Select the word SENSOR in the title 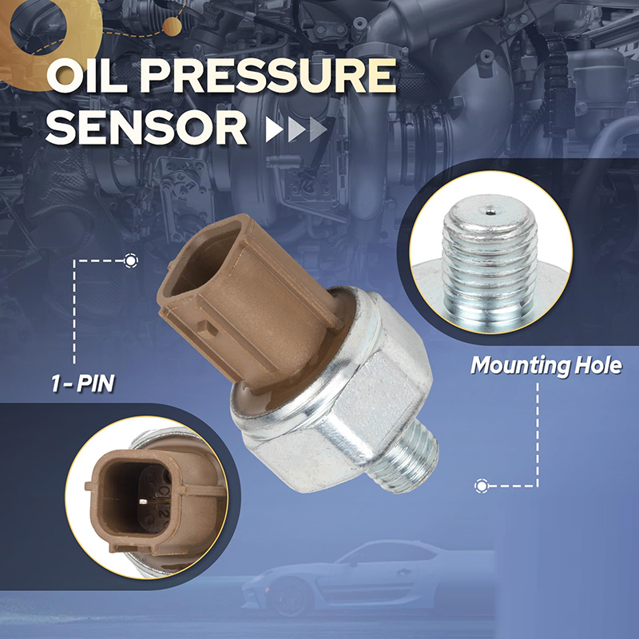click(x=147, y=128)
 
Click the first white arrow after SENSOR click(x=275, y=129)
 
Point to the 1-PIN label click(x=83, y=383)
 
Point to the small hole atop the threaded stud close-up click(x=491, y=212)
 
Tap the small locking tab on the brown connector click(x=208, y=328)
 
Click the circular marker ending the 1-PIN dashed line click(x=130, y=261)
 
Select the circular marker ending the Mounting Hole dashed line click(x=482, y=486)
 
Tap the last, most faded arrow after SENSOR click(x=318, y=129)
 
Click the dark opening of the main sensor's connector click(x=204, y=261)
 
